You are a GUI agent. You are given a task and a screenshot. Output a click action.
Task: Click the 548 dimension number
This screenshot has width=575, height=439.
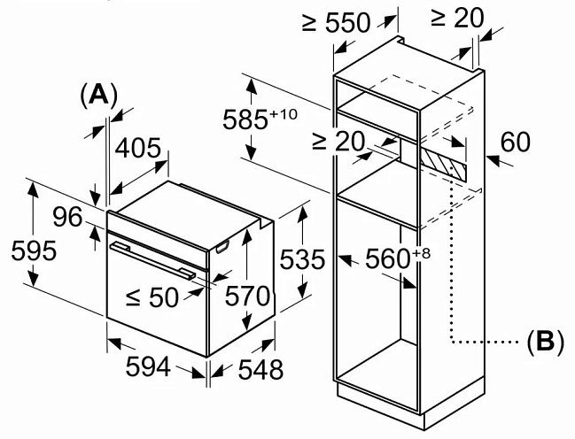click(259, 369)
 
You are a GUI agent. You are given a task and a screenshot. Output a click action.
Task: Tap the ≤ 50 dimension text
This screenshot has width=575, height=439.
click(152, 297)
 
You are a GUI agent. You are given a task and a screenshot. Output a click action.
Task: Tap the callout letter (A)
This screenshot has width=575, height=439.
click(98, 94)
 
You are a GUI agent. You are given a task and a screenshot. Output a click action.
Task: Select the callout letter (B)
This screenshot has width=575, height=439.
click(545, 341)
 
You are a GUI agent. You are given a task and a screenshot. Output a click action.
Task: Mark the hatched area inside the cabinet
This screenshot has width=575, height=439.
click(443, 162)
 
